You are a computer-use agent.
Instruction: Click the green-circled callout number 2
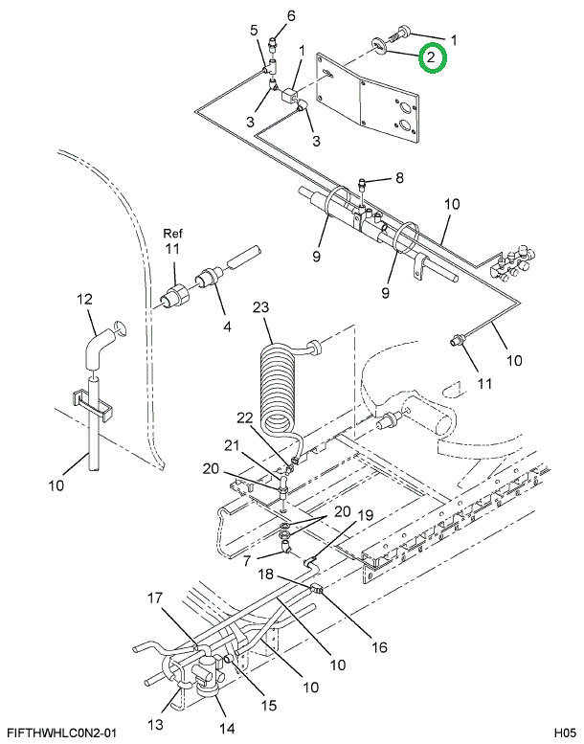tap(432, 58)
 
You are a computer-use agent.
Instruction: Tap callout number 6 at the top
tap(291, 14)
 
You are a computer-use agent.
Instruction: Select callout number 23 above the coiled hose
tap(261, 307)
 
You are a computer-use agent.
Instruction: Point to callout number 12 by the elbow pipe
tap(84, 300)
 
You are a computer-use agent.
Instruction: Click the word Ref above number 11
tap(171, 233)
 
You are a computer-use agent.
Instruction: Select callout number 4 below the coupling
tap(227, 327)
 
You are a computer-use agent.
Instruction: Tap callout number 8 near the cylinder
tap(399, 177)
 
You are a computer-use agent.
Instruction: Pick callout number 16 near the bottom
tap(379, 647)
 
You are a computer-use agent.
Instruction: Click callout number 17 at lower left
tap(155, 599)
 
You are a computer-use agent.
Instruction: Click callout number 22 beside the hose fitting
tap(218, 417)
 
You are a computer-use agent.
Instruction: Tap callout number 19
tap(365, 515)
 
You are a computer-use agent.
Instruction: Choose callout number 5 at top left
tap(255, 30)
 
